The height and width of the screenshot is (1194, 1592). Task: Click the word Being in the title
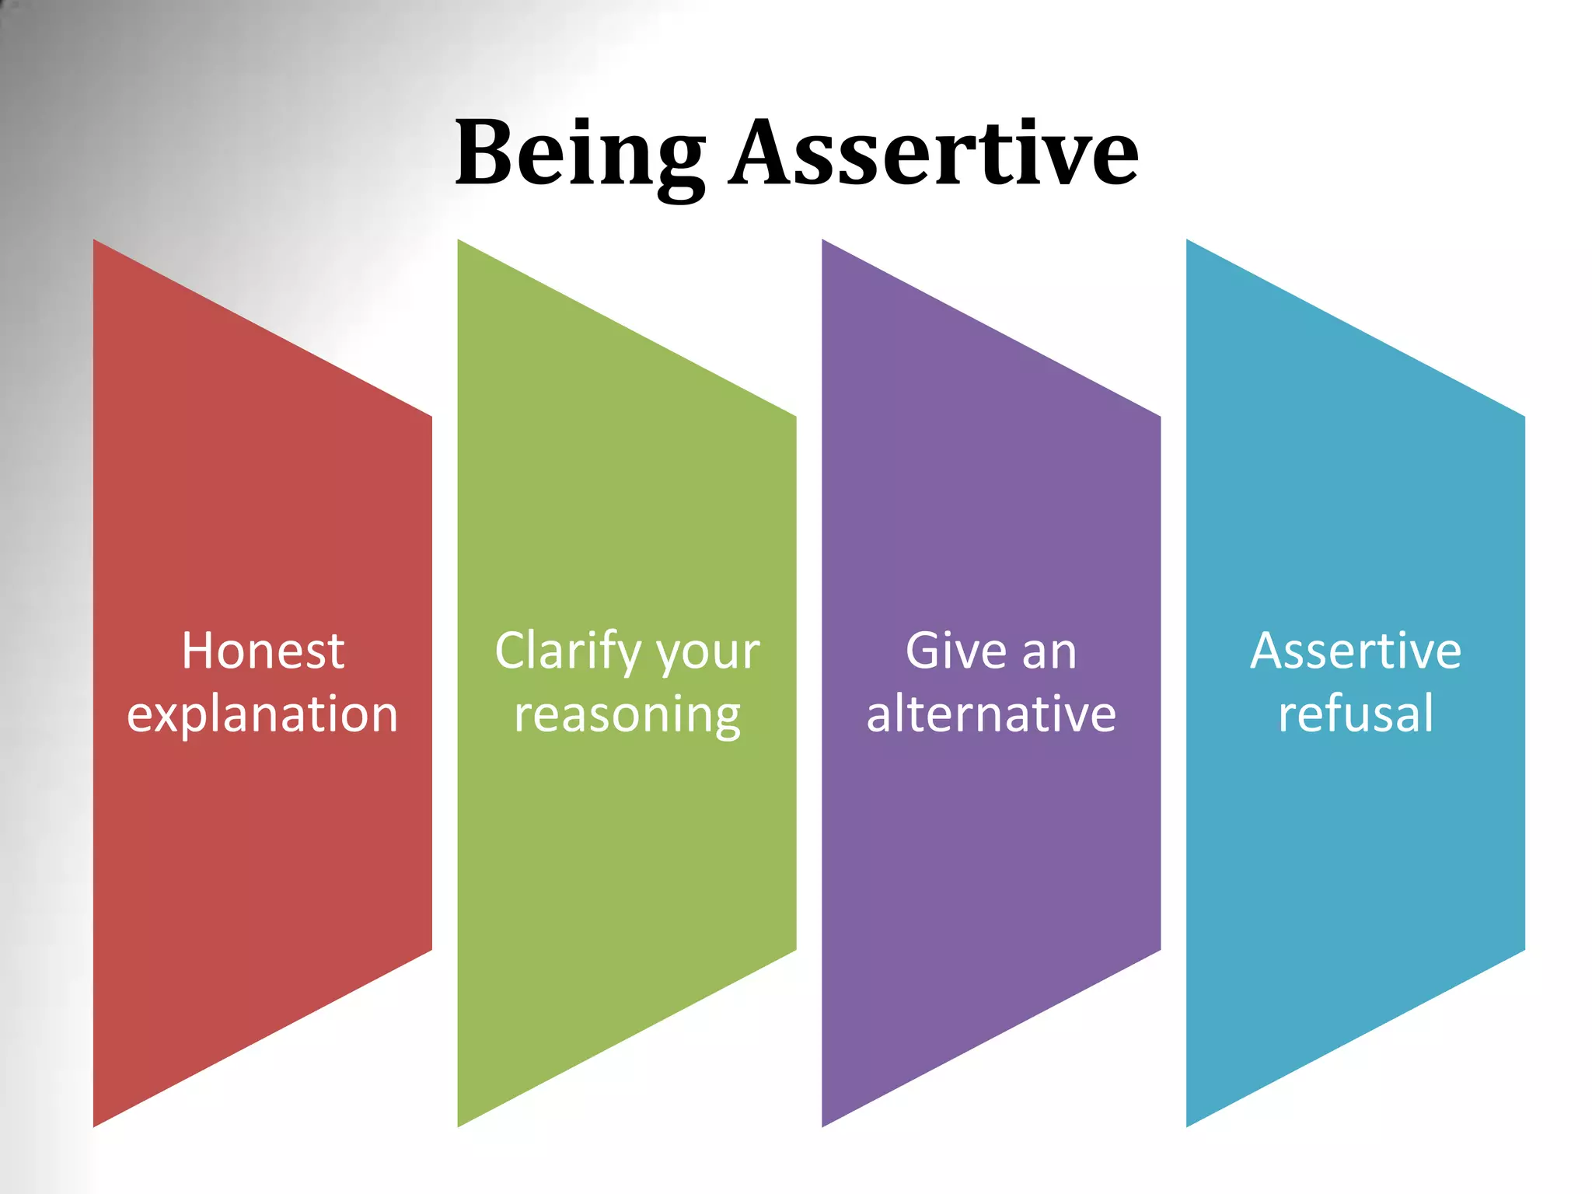tap(579, 153)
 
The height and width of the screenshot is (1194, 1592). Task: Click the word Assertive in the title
tap(933, 153)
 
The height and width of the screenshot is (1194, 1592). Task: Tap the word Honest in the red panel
tap(263, 651)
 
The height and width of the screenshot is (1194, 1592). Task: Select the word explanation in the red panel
tap(263, 714)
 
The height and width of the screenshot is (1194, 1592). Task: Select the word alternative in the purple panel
tap(991, 714)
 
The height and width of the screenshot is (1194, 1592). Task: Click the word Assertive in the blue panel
tap(1356, 651)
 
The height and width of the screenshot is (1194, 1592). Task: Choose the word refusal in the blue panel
tap(1356, 714)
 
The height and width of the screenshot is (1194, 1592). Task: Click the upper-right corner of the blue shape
tap(1523, 418)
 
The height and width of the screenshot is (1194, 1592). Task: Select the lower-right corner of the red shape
tap(430, 948)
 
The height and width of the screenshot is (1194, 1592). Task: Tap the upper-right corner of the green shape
tap(794, 418)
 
